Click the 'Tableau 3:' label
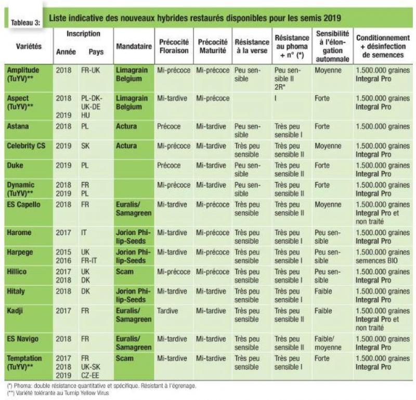[25, 23]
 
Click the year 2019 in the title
[332, 18]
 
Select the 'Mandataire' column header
[134, 46]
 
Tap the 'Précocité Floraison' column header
[174, 46]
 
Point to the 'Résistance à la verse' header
[252, 46]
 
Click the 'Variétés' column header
[29, 46]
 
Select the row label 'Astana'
[18, 126]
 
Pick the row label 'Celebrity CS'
[26, 146]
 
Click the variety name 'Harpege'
[20, 252]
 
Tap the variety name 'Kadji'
[15, 311]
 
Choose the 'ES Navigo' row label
[22, 339]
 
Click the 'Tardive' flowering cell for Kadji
[167, 311]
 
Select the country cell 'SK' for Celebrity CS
[85, 146]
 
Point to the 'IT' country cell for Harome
[84, 233]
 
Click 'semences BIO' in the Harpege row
[376, 261]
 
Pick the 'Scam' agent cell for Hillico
[124, 272]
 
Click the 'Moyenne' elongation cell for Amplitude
[328, 70]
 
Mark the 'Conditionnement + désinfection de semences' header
[383, 46]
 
